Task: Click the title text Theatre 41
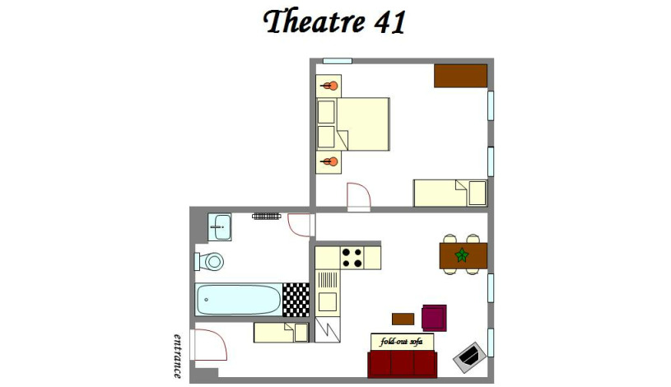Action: [335, 22]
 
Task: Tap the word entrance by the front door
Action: [178, 355]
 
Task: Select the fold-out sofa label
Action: [402, 342]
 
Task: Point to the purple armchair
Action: [434, 317]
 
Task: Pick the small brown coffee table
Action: [403, 319]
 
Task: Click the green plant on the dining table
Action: [461, 255]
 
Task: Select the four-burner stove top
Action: [352, 258]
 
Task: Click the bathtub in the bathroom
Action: [239, 299]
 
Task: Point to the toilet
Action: [212, 262]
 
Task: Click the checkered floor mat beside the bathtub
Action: [296, 300]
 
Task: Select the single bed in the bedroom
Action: [450, 193]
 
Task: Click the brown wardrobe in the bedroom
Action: [461, 76]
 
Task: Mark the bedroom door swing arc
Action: [359, 195]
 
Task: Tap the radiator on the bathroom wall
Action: [266, 216]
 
